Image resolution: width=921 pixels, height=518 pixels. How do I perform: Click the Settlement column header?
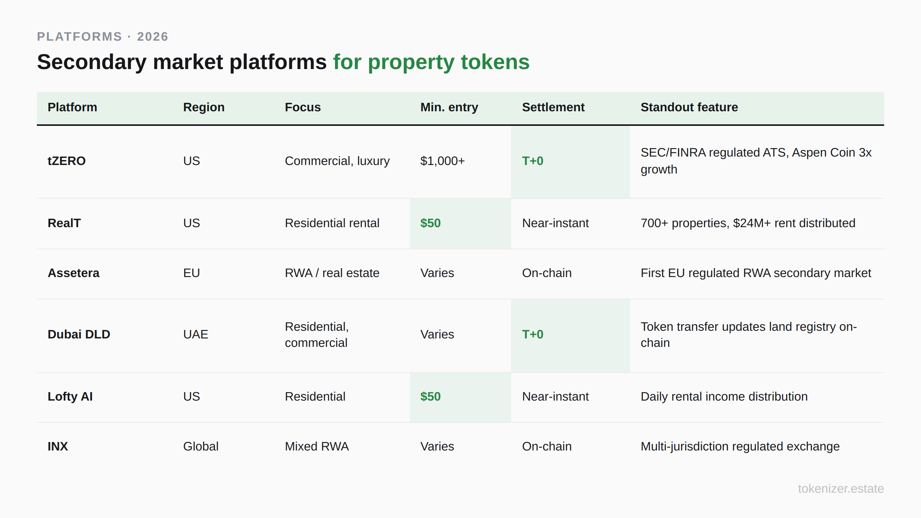[553, 107]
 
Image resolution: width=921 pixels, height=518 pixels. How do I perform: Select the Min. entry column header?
[449, 107]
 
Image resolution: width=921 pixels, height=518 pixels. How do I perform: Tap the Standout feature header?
[689, 107]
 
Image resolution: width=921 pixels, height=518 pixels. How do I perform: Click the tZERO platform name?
[66, 161]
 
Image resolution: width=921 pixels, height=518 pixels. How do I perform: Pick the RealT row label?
[64, 223]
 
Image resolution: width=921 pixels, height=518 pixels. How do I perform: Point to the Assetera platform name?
[73, 273]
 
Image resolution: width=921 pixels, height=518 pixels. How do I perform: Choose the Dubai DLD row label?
[79, 334]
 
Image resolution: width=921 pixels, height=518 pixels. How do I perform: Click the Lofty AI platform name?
[70, 396]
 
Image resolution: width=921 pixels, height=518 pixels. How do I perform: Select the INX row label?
[58, 446]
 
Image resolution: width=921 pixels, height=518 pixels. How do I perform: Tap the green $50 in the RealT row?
[430, 223]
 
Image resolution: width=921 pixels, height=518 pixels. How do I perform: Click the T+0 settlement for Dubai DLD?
[532, 334]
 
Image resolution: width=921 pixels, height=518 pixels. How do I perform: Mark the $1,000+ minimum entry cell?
[442, 161]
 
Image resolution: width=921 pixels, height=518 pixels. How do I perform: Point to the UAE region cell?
[195, 334]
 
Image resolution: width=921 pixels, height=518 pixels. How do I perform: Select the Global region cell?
[200, 446]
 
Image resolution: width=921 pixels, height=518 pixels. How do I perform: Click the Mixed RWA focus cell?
[317, 446]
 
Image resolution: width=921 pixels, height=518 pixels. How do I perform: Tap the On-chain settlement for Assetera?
[546, 273]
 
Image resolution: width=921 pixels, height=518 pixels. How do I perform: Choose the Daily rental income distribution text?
[724, 396]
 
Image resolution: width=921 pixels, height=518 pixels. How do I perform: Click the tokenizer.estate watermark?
[840, 488]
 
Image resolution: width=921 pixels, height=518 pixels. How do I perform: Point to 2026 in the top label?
[152, 36]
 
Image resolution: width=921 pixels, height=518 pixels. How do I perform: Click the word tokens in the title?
[495, 62]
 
